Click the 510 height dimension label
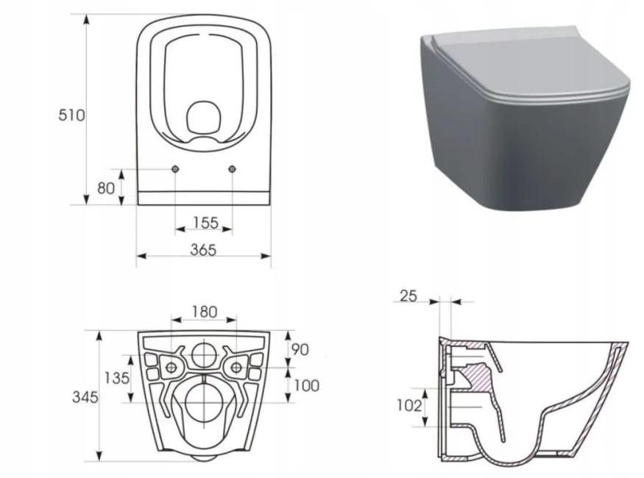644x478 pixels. (x=71, y=115)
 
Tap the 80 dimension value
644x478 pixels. (x=105, y=188)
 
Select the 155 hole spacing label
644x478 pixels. (x=205, y=223)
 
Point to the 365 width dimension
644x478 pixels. (x=203, y=249)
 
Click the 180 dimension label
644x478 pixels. (x=204, y=313)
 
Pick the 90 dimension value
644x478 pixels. (x=300, y=349)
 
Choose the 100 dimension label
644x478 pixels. (x=306, y=385)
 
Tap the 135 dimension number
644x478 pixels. (x=116, y=378)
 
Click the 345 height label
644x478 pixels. (x=85, y=397)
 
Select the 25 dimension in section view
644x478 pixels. (x=408, y=296)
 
